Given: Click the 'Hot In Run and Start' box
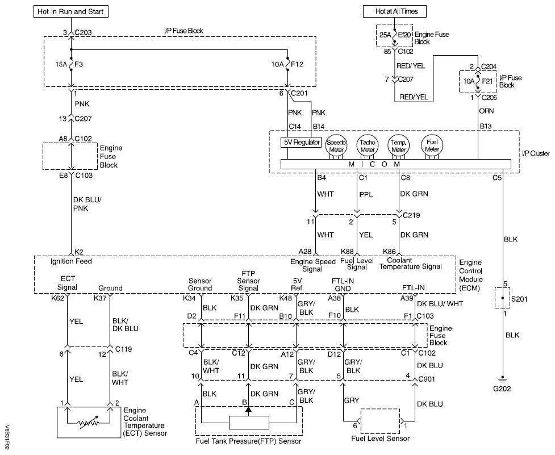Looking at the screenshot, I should pyautogui.click(x=71, y=11).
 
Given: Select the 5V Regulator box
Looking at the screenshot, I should pyautogui.click(x=301, y=141).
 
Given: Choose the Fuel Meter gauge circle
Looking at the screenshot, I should pyautogui.click(x=432, y=145).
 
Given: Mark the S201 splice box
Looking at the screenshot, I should pyautogui.click(x=502, y=297).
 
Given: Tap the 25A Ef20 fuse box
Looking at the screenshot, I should pyautogui.click(x=394, y=35).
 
